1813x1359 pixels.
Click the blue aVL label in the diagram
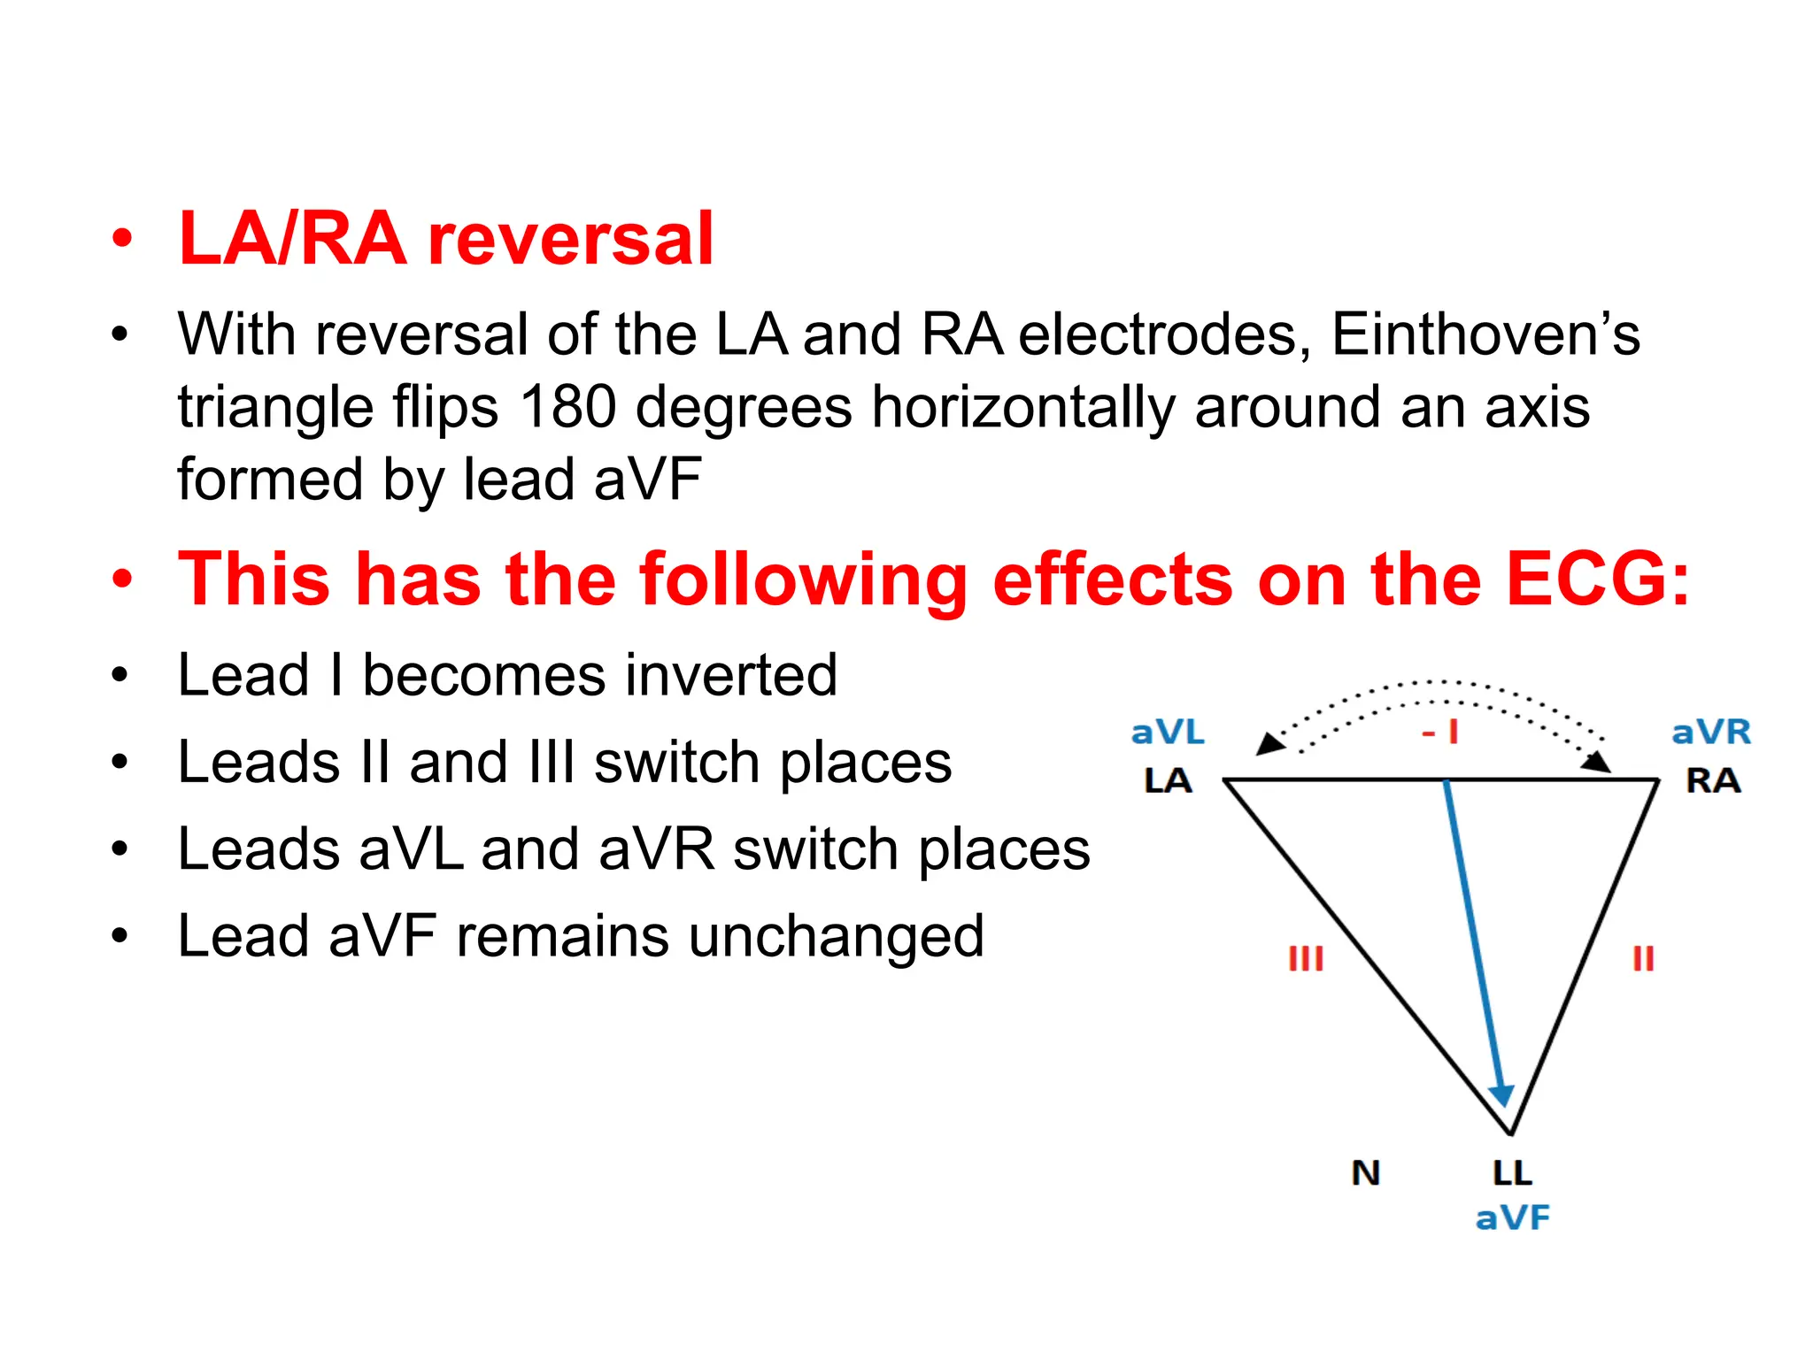point(1168,733)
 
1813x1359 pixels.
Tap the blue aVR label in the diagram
point(1710,733)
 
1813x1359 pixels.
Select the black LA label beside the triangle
point(1168,780)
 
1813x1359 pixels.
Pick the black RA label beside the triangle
point(1713,780)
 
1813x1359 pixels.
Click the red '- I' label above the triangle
point(1440,733)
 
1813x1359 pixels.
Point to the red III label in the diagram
point(1306,958)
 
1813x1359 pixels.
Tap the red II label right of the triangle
point(1643,958)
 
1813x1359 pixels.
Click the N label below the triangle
point(1366,1173)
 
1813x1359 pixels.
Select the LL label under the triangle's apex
point(1512,1173)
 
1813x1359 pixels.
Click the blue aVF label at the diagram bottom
point(1512,1218)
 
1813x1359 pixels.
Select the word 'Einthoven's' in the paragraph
point(1485,334)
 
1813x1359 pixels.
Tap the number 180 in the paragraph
point(567,407)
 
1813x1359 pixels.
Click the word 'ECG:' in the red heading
point(1598,580)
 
